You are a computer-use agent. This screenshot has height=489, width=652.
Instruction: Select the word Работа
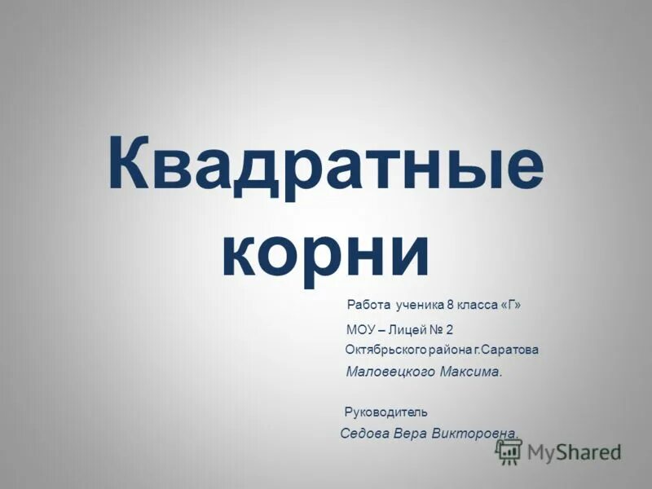pos(369,306)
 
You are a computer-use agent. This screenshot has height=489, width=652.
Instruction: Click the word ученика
pos(420,306)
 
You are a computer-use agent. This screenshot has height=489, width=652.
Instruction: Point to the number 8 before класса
pos(450,306)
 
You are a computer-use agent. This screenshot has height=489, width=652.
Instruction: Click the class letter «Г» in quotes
pos(510,306)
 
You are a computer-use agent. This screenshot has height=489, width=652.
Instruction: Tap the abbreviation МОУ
pos(360,330)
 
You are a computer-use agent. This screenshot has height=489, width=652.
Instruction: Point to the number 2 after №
pos(450,330)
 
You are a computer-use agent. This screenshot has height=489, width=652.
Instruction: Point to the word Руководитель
pos(386,412)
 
